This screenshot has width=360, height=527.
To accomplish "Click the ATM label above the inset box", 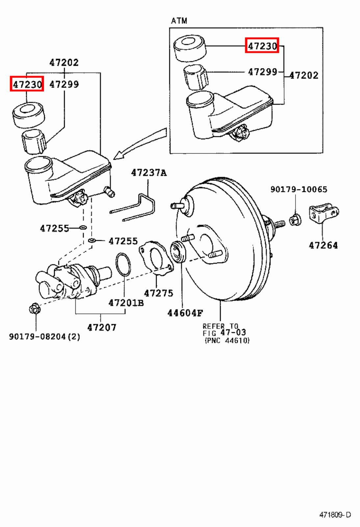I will pyautogui.click(x=179, y=21).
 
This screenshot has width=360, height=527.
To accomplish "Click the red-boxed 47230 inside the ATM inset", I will pyautogui.click(x=262, y=45).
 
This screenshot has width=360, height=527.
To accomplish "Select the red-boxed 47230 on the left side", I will pyautogui.click(x=27, y=84).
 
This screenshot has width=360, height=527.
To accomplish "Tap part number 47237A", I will pyautogui.click(x=149, y=173).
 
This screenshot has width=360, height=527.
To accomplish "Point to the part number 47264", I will pyautogui.click(x=323, y=245).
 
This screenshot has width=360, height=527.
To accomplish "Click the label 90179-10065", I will pyautogui.click(x=299, y=189).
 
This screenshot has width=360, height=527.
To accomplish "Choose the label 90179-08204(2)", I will pyautogui.click(x=44, y=337).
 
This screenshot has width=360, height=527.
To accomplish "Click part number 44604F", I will pyautogui.click(x=185, y=313).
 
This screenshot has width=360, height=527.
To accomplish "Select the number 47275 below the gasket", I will pyautogui.click(x=158, y=293).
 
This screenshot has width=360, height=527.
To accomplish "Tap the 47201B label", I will pyautogui.click(x=126, y=303).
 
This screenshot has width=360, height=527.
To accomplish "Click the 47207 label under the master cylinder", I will pyautogui.click(x=102, y=327).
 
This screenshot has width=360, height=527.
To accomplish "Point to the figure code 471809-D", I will pyautogui.click(x=335, y=514).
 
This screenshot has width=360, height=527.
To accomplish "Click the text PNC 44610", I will pyautogui.click(x=227, y=341).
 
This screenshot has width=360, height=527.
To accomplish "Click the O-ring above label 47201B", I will pyautogui.click(x=123, y=264).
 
